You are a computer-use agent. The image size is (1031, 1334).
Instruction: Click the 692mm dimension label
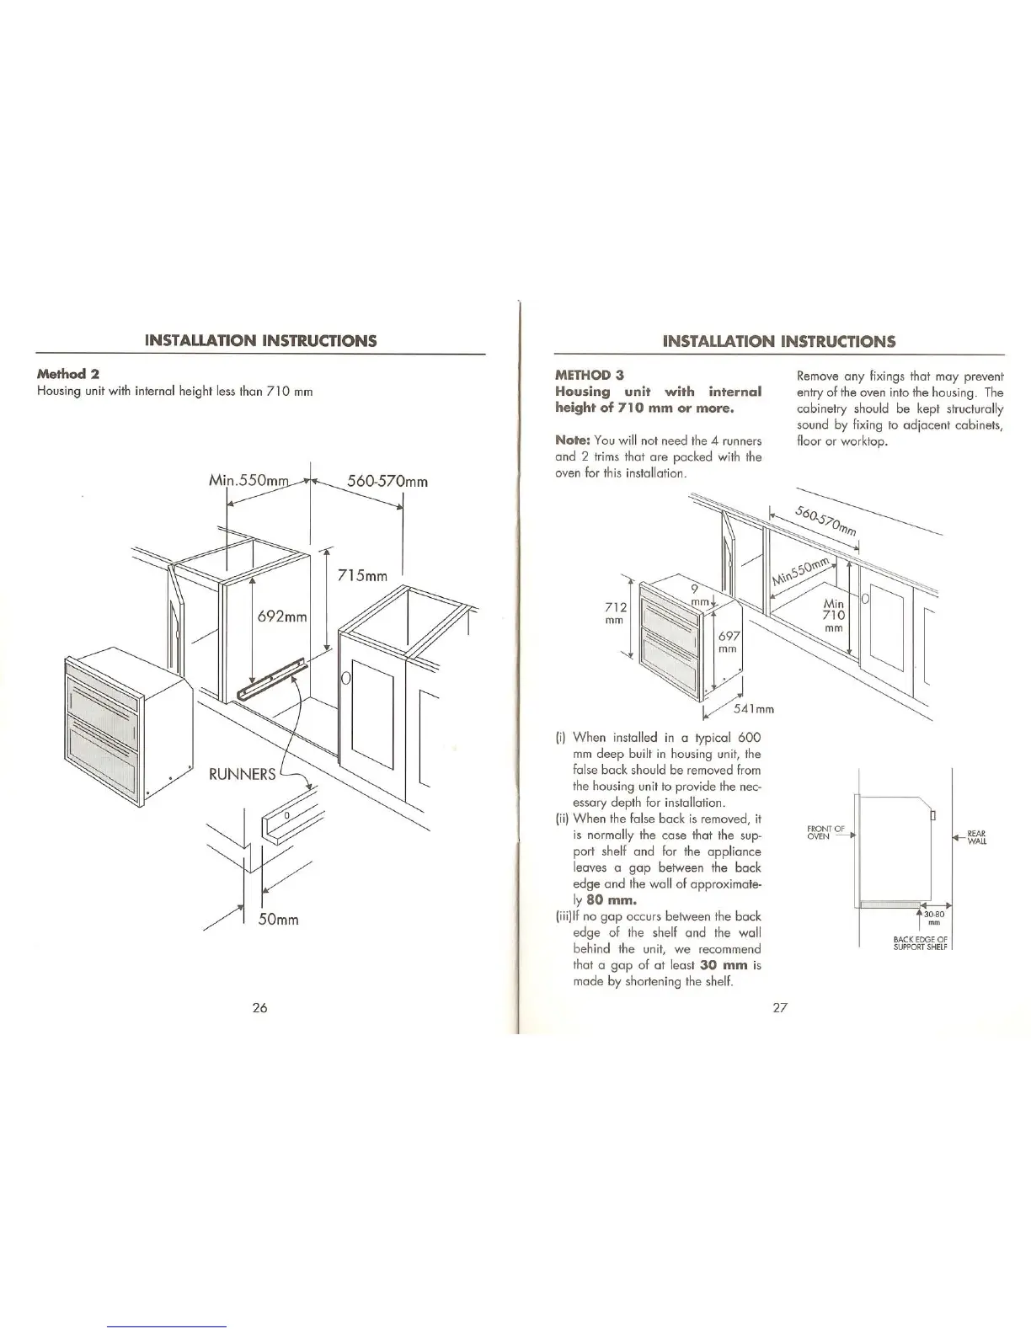[x=283, y=616]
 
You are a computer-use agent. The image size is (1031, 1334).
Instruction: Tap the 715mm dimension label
[x=361, y=576]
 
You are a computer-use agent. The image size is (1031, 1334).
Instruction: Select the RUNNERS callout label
[x=242, y=774]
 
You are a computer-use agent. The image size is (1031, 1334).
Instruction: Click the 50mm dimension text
[x=278, y=919]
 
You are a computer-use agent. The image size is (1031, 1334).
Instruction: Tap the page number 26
[x=259, y=1008]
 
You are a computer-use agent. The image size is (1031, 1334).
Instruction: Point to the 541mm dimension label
[x=753, y=708]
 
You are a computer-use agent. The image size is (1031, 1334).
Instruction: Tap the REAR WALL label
[x=977, y=836]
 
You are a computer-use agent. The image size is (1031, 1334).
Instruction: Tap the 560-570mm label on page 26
[x=387, y=482]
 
